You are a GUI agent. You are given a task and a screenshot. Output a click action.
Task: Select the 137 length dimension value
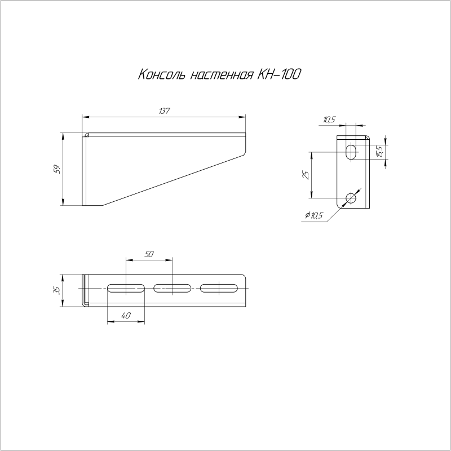click(x=164, y=110)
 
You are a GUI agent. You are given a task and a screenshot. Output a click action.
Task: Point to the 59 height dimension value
click(x=56, y=170)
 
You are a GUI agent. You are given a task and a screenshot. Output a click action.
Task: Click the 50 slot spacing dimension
click(x=149, y=254)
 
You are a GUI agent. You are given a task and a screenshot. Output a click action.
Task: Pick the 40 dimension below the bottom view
click(x=126, y=316)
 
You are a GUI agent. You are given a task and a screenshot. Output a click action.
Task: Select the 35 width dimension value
click(x=56, y=290)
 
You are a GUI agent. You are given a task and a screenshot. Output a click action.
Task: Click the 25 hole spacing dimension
click(x=306, y=175)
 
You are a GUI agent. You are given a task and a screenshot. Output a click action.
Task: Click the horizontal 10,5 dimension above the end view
click(x=330, y=119)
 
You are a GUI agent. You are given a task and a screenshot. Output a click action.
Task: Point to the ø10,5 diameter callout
click(x=317, y=215)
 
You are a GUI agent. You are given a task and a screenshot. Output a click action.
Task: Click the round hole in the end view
click(x=352, y=198)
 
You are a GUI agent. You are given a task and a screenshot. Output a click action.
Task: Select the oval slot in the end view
click(x=352, y=152)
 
